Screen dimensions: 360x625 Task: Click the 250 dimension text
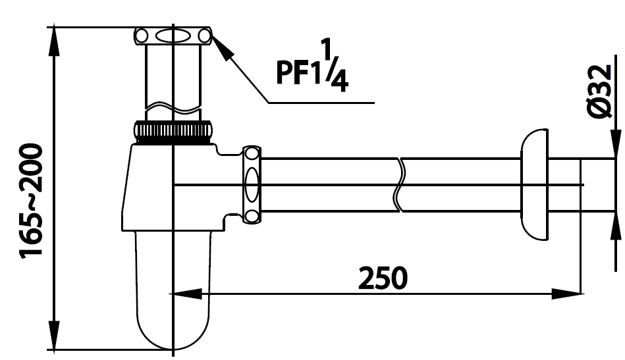tap(383, 278)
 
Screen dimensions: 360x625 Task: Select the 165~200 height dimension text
tap(32, 201)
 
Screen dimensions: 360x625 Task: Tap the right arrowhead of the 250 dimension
tap(566, 294)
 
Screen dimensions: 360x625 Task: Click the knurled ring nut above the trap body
tap(174, 132)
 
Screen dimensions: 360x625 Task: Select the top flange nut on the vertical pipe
tap(173, 36)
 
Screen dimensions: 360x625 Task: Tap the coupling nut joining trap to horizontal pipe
tap(252, 184)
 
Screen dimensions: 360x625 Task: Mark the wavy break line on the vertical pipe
tap(173, 105)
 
